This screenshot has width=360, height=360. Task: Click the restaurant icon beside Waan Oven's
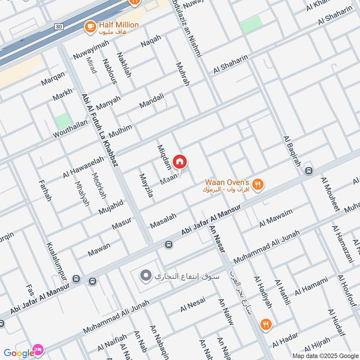(257, 184)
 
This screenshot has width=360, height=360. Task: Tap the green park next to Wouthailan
(63, 121)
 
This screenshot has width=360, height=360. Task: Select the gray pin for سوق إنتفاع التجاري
(145, 275)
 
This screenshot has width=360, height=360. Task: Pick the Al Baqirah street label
(291, 151)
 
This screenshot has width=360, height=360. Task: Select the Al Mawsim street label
(276, 218)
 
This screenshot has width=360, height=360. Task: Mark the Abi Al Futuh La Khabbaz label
(99, 130)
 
